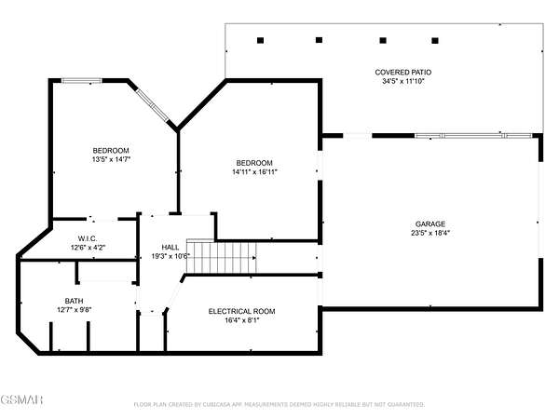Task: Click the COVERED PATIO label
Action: (402, 72)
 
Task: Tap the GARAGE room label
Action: (429, 223)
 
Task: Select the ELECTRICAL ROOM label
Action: (241, 311)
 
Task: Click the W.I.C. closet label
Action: (88, 238)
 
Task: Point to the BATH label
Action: (75, 301)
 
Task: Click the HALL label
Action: (170, 247)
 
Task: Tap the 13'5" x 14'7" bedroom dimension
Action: (111, 159)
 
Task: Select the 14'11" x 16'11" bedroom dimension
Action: (254, 171)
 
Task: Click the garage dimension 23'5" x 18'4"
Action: (430, 233)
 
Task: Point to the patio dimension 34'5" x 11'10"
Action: (403, 81)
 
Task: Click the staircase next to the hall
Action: (222, 257)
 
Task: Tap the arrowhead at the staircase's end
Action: (254, 257)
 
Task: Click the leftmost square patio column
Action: (260, 40)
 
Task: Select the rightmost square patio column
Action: (435, 41)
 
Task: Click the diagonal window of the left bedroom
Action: (153, 104)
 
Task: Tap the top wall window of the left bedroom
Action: (82, 81)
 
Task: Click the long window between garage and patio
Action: (473, 136)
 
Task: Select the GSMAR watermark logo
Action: (21, 399)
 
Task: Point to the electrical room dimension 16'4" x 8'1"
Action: (242, 320)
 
